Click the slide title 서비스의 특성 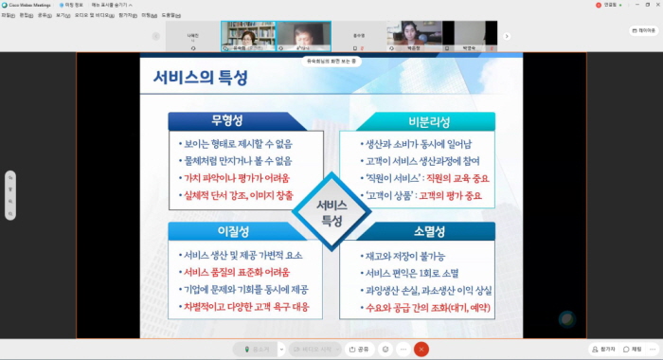tap(203, 79)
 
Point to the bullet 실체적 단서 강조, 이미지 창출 tap(241, 195)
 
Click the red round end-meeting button tap(422, 349)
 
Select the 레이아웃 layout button tap(642, 30)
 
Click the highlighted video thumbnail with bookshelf tap(248, 35)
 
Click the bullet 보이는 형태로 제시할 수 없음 tap(237, 145)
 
